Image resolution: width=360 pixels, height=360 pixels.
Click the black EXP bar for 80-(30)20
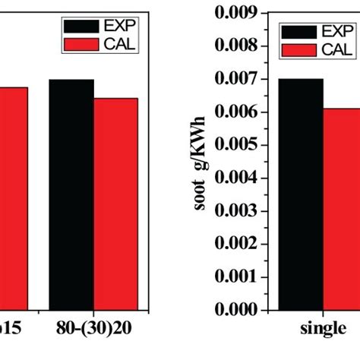tap(71, 194)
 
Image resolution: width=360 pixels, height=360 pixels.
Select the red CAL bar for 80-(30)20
tap(115, 204)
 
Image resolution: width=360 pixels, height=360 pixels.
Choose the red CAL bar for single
tap(341, 209)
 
